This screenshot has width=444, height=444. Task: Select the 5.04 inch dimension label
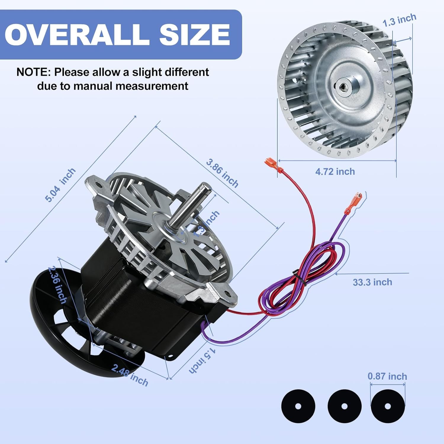click(60, 185)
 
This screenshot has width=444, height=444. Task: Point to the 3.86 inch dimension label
click(222, 173)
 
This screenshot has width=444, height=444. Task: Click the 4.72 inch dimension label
click(335, 171)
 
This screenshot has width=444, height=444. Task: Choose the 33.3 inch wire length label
click(372, 282)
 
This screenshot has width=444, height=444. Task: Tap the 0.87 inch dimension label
click(387, 376)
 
